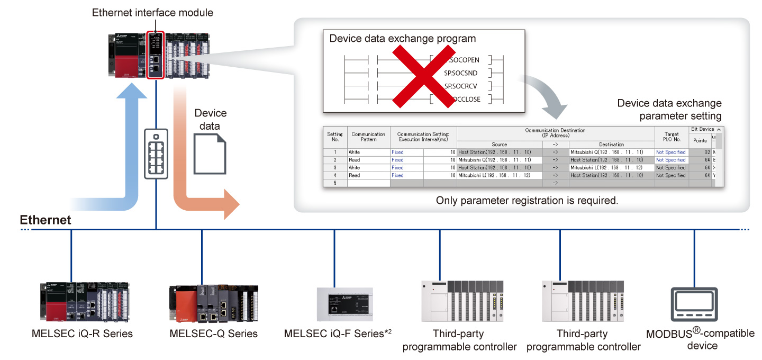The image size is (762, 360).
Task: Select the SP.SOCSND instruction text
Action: pos(461,73)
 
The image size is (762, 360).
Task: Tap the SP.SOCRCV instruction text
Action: pos(461,86)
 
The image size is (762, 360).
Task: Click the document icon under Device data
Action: pos(209,153)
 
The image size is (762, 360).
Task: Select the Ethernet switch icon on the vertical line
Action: pos(156,154)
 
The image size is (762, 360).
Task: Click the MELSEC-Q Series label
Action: pos(213,334)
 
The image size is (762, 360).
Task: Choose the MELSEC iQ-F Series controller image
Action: pos(344,304)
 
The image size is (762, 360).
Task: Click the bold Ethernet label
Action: pos(46,220)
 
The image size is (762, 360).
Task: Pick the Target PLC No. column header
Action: pos(671,137)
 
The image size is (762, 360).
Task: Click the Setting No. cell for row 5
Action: pos(335,183)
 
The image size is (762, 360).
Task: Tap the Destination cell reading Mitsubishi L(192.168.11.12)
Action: pos(611,167)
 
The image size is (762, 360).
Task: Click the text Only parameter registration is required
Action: pos(527,201)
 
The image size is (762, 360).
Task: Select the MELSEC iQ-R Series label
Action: pos(82,334)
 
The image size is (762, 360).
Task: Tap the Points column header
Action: pos(700,140)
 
